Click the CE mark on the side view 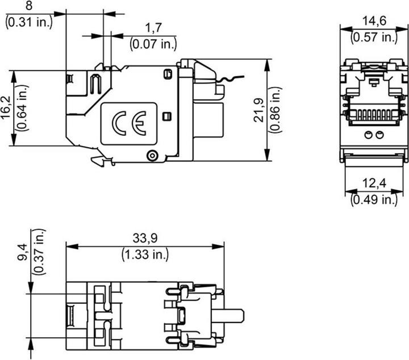(128, 123)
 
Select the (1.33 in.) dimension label (145, 254)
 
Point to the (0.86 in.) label (276, 110)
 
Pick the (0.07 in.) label (153, 43)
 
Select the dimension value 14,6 (374, 22)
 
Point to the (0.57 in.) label (374, 37)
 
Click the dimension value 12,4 (374, 184)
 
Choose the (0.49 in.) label (374, 199)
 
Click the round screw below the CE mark (152, 156)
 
